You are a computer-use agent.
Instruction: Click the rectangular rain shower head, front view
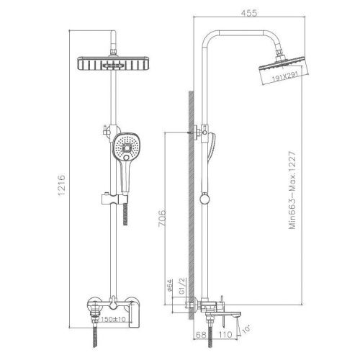click(112, 66)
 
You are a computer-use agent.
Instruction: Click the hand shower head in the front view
click(125, 148)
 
